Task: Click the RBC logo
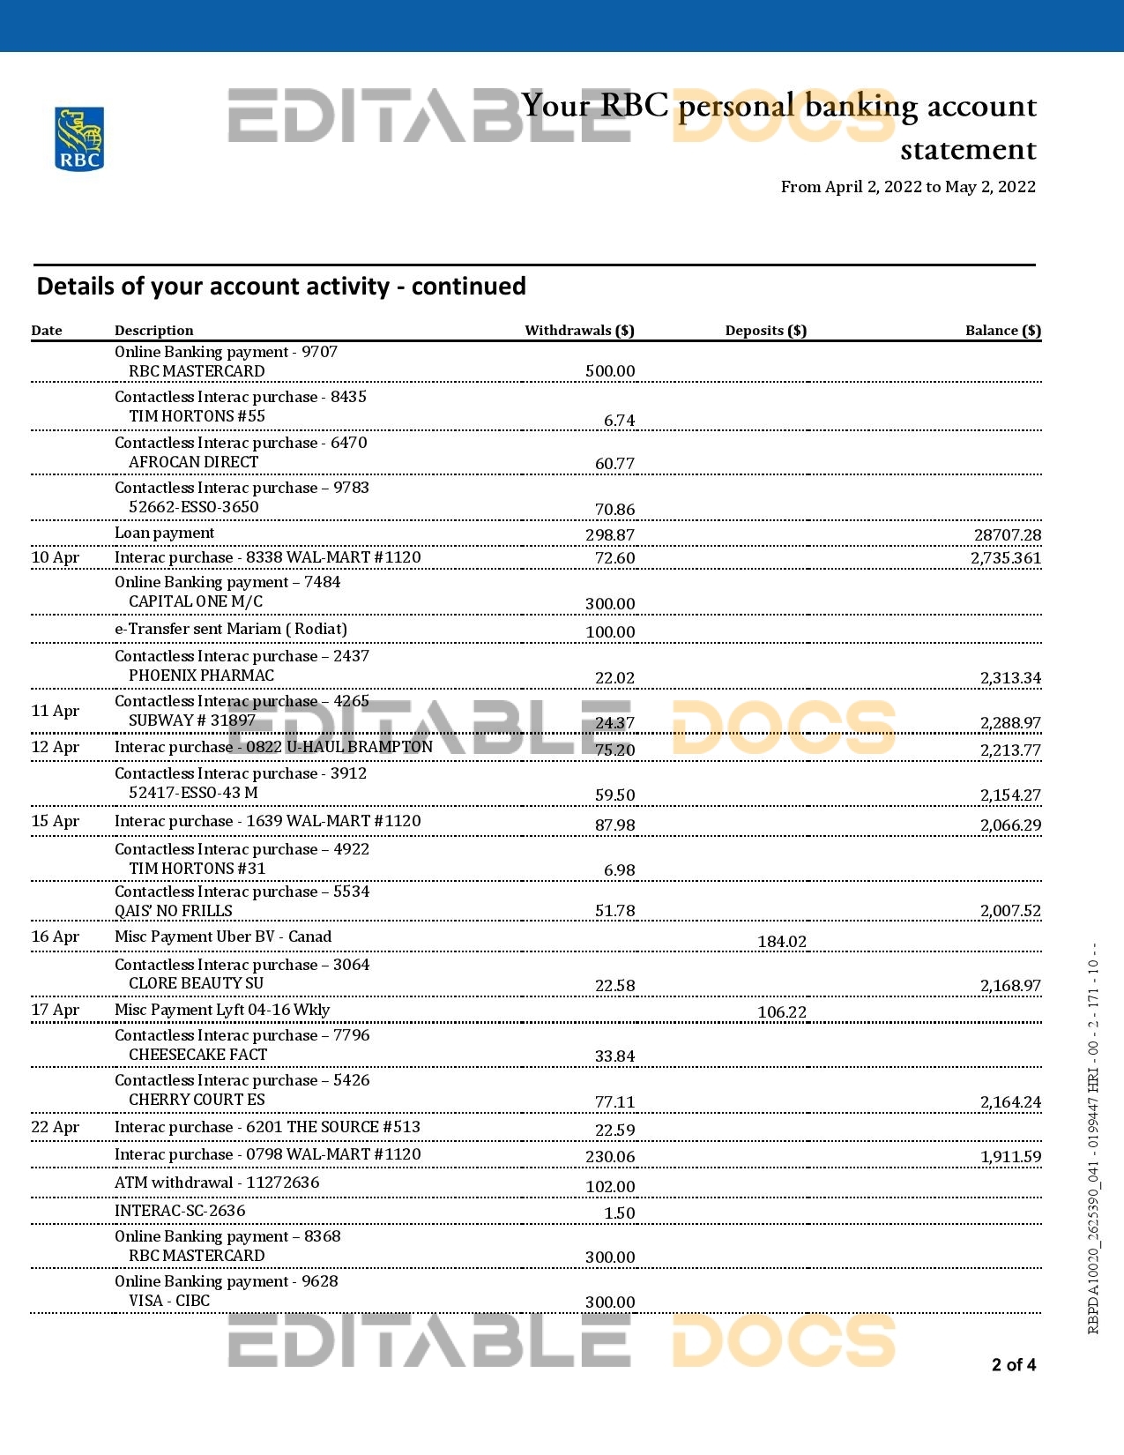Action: [79, 138]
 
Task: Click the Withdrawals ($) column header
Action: [579, 331]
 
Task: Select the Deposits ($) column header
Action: [765, 331]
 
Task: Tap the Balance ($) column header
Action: [1002, 331]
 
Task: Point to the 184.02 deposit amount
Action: [781, 942]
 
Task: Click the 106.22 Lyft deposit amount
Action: [781, 1012]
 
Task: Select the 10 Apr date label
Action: [55, 557]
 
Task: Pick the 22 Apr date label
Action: [55, 1127]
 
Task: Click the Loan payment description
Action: [164, 533]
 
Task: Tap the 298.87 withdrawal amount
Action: [609, 535]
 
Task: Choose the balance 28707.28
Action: [1007, 535]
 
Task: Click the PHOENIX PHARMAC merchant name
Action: [201, 675]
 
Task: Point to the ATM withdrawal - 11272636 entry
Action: [216, 1183]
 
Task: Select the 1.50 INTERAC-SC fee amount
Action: [619, 1213]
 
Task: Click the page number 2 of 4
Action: [1014, 1365]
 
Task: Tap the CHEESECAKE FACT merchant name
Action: [197, 1055]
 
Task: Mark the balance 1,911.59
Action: [1010, 1157]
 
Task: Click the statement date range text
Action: [908, 187]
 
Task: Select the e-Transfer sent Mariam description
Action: [230, 629]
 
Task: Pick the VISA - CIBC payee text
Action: [169, 1301]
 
